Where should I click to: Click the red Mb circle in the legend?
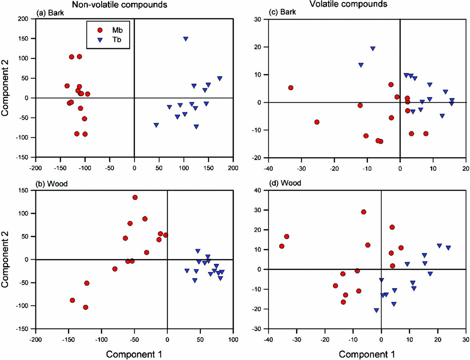click(100, 30)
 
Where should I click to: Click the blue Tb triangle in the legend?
click(100, 40)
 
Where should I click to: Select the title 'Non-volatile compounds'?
click(120, 5)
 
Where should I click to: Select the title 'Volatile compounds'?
click(348, 4)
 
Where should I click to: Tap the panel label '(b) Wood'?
click(52, 184)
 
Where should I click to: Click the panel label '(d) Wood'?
click(285, 183)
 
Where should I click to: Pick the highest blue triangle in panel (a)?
click(185, 39)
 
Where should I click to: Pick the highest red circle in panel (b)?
click(135, 198)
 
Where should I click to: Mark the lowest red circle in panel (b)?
click(85, 308)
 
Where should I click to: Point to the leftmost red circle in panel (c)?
click(291, 88)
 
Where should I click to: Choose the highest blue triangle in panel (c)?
click(373, 49)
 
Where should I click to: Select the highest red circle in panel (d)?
click(364, 212)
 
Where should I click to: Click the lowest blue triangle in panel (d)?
click(377, 310)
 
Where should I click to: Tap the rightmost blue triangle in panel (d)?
click(448, 248)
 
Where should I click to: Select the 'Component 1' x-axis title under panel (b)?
click(134, 354)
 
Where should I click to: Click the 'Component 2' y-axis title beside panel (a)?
click(5, 88)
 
